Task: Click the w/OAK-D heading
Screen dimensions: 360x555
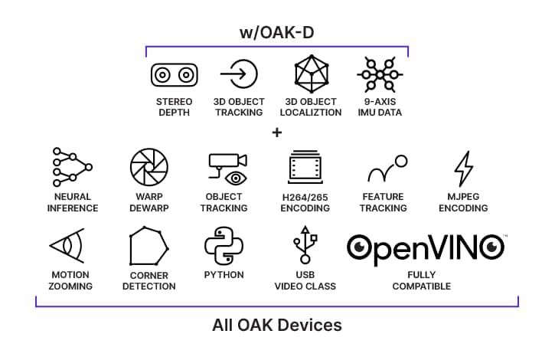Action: click(x=276, y=34)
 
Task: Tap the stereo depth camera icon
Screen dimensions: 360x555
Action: click(x=173, y=75)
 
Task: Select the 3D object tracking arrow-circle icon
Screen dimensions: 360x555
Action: click(x=238, y=74)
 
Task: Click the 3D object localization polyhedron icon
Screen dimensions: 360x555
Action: click(x=312, y=74)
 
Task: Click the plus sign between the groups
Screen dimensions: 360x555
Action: click(x=277, y=133)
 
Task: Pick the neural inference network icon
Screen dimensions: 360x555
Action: click(x=72, y=167)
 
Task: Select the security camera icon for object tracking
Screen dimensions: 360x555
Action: click(x=227, y=168)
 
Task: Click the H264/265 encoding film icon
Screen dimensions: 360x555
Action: click(x=305, y=168)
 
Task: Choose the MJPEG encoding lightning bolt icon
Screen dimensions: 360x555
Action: click(x=463, y=169)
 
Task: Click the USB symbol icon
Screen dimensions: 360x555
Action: click(x=305, y=246)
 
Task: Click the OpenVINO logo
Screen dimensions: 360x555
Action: click(x=426, y=247)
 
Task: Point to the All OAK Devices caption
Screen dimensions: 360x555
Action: click(x=276, y=325)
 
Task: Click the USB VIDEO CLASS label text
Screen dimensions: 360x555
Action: click(x=305, y=280)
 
